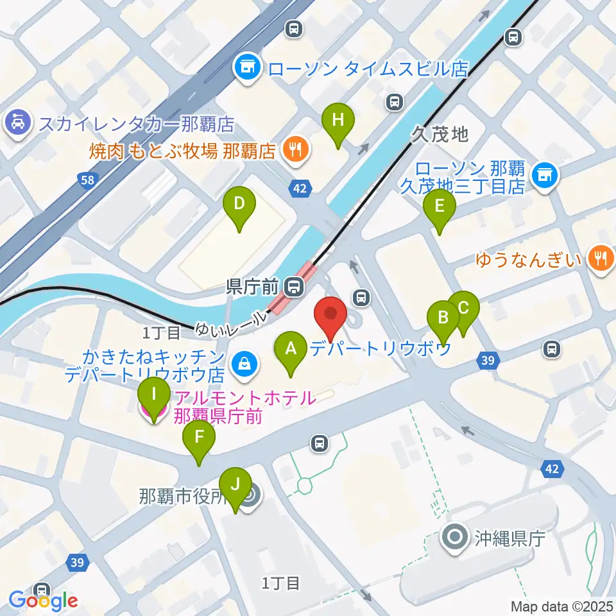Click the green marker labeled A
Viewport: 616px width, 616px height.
point(291,349)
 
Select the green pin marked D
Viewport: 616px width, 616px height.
point(239,205)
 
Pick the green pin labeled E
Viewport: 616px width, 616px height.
point(440,207)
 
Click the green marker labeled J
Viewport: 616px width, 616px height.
point(235,485)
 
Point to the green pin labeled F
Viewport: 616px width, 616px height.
point(199,438)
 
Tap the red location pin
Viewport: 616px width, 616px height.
point(330,314)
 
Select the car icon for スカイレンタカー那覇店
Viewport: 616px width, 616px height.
point(17,121)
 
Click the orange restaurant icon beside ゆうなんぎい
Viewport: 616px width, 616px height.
point(601,259)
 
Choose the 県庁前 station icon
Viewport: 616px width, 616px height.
point(295,286)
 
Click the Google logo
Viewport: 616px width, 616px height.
point(44,601)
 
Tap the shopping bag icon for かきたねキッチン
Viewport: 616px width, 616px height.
point(244,364)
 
